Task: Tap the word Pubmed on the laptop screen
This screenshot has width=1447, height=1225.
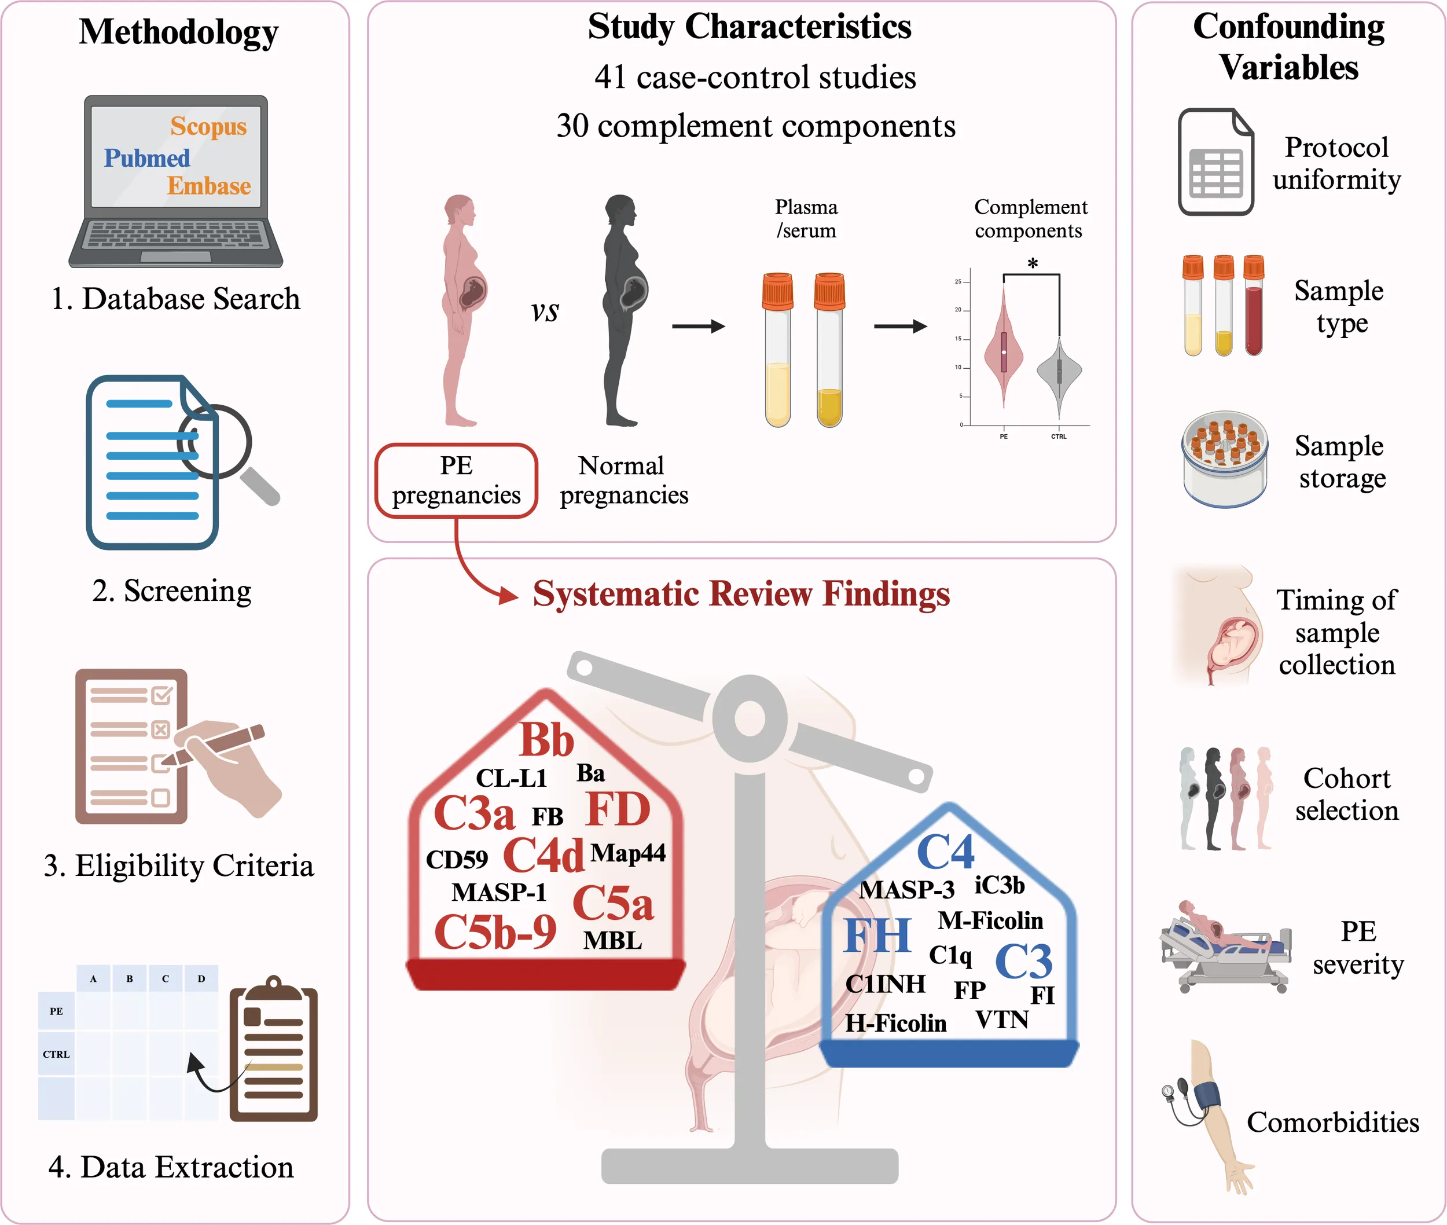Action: (x=146, y=158)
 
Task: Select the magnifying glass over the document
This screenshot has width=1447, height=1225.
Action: (x=215, y=443)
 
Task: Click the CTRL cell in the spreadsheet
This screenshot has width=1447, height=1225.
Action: (x=56, y=1054)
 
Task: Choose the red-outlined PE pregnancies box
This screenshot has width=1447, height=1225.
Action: (x=456, y=481)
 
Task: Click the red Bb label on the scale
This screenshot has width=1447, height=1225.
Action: (x=546, y=740)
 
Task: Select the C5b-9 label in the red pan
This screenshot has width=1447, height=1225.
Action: (x=495, y=932)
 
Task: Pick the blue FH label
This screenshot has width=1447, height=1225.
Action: (x=877, y=936)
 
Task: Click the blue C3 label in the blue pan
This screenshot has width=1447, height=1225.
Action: (x=1023, y=961)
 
